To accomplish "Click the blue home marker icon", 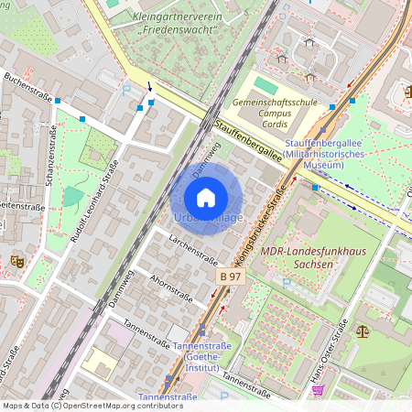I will pos(206,197).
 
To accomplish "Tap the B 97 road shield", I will pos(230,276).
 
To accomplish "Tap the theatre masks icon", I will pos(16,261).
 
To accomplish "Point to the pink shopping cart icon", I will pos(317,390).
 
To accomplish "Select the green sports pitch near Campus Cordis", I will pos(266,85).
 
